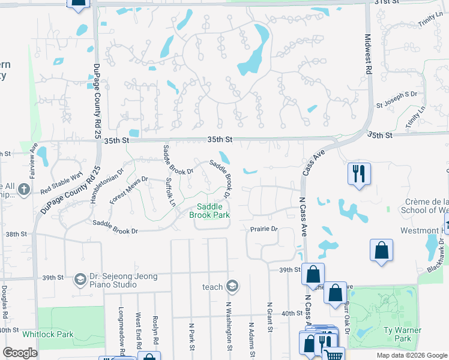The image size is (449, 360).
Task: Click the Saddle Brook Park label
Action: (x=209, y=211)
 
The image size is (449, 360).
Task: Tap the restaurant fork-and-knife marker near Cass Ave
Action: (x=359, y=174)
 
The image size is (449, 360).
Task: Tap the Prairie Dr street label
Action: (x=264, y=229)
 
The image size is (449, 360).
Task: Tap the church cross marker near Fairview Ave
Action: (x=23, y=190)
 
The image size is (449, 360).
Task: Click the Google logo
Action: (x=20, y=353)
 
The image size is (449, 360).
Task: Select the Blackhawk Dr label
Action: (x=441, y=256)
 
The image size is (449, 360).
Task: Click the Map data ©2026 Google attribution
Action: (x=411, y=355)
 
